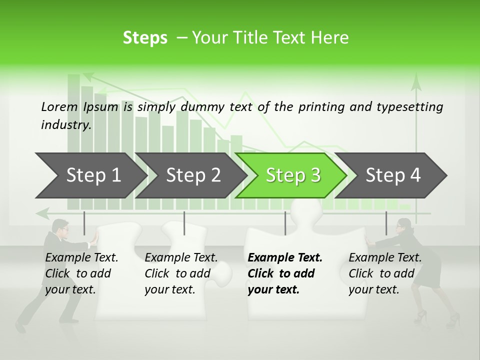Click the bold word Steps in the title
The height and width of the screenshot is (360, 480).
pyautogui.click(x=145, y=38)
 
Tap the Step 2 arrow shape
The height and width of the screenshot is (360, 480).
pyautogui.click(x=193, y=175)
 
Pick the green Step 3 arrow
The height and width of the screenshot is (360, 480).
pyautogui.click(x=293, y=175)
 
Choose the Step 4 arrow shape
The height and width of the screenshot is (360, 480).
pyautogui.click(x=393, y=175)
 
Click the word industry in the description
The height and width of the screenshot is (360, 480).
pyautogui.click(x=65, y=125)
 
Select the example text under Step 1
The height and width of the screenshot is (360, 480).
pyautogui.click(x=81, y=273)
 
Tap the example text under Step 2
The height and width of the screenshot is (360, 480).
pyautogui.click(x=181, y=273)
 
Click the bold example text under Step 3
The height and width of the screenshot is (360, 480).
pyautogui.click(x=285, y=273)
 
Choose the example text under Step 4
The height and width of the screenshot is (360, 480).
pyautogui.click(x=385, y=273)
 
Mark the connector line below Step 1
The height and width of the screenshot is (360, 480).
pyautogui.click(x=84, y=223)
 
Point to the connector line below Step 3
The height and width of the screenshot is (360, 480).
pyautogui.click(x=285, y=223)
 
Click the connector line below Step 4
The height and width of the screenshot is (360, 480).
pyautogui.click(x=386, y=223)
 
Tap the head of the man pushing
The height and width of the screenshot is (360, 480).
pyautogui.click(x=60, y=227)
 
